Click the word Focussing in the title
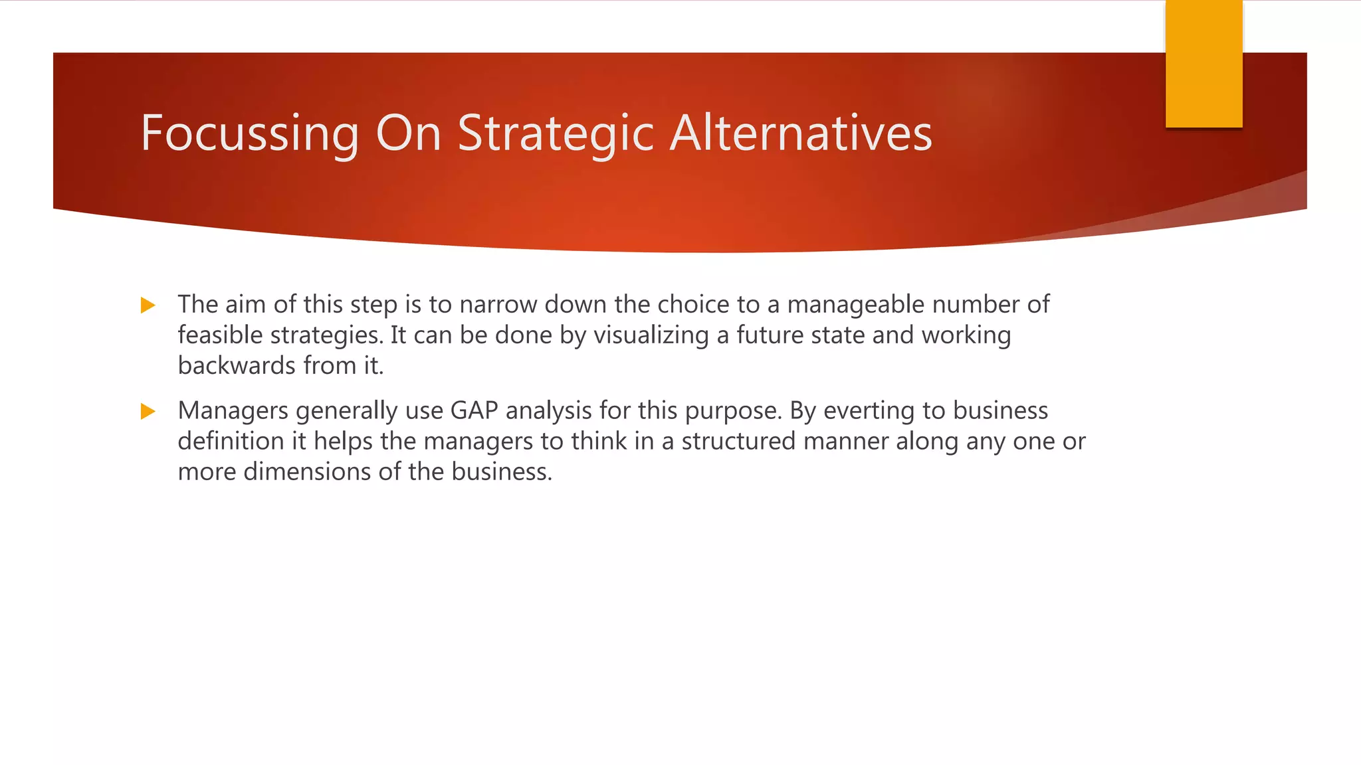pyautogui.click(x=250, y=134)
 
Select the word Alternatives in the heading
pyautogui.click(x=801, y=134)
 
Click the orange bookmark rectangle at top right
pyautogui.click(x=1204, y=64)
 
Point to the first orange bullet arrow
pyautogui.click(x=148, y=305)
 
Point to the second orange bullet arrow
pyautogui.click(x=148, y=412)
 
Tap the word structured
pyautogui.click(x=738, y=441)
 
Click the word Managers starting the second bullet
pyautogui.click(x=233, y=410)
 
